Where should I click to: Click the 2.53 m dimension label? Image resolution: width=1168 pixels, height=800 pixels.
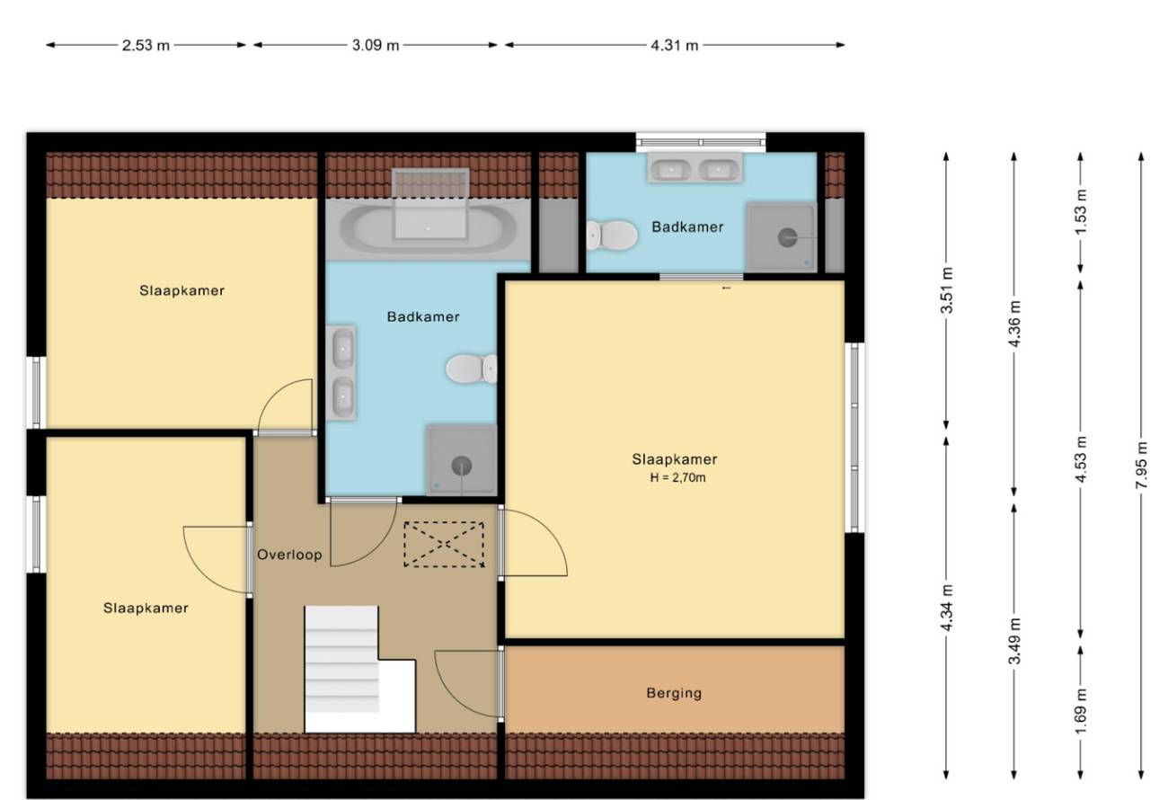146,45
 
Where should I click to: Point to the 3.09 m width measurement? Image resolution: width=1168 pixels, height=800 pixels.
376,45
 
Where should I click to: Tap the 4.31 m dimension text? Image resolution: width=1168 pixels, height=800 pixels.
674,45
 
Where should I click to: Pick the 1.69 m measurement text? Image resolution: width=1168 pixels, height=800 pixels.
1081,711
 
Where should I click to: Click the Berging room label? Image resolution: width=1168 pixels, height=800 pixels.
674,693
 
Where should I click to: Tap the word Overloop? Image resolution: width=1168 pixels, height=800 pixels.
289,555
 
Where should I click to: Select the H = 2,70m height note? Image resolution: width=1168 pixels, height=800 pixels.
677,477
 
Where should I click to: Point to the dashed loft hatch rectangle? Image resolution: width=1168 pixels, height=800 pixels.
444,544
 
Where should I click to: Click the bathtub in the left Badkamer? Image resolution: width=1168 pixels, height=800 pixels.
428,228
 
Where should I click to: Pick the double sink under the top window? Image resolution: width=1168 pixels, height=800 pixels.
695,168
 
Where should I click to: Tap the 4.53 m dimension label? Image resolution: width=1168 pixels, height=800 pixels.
1081,459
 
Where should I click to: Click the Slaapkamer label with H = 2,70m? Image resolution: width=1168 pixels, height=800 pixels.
675,459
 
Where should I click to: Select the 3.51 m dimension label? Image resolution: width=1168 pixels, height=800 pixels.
947,290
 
